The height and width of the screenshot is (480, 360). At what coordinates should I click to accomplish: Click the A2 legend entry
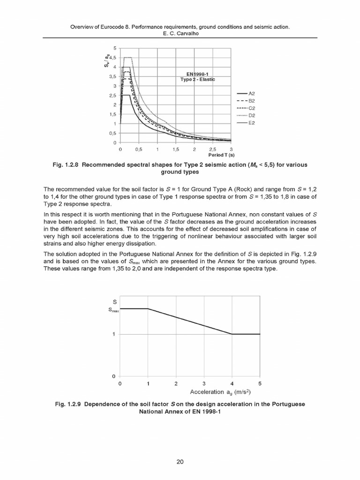point(251,93)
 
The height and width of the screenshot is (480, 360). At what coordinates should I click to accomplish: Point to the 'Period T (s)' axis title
point(222,155)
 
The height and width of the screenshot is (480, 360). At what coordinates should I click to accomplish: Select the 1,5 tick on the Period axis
point(176,149)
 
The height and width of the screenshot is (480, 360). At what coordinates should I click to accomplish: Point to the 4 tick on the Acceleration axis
point(232,383)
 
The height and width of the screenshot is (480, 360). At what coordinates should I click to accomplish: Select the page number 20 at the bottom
point(180,461)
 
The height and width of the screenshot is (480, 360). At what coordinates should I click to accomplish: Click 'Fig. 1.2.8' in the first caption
point(67,165)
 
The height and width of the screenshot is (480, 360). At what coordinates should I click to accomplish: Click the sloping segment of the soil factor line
point(190,321)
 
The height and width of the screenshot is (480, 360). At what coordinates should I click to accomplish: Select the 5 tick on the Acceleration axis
point(260,383)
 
